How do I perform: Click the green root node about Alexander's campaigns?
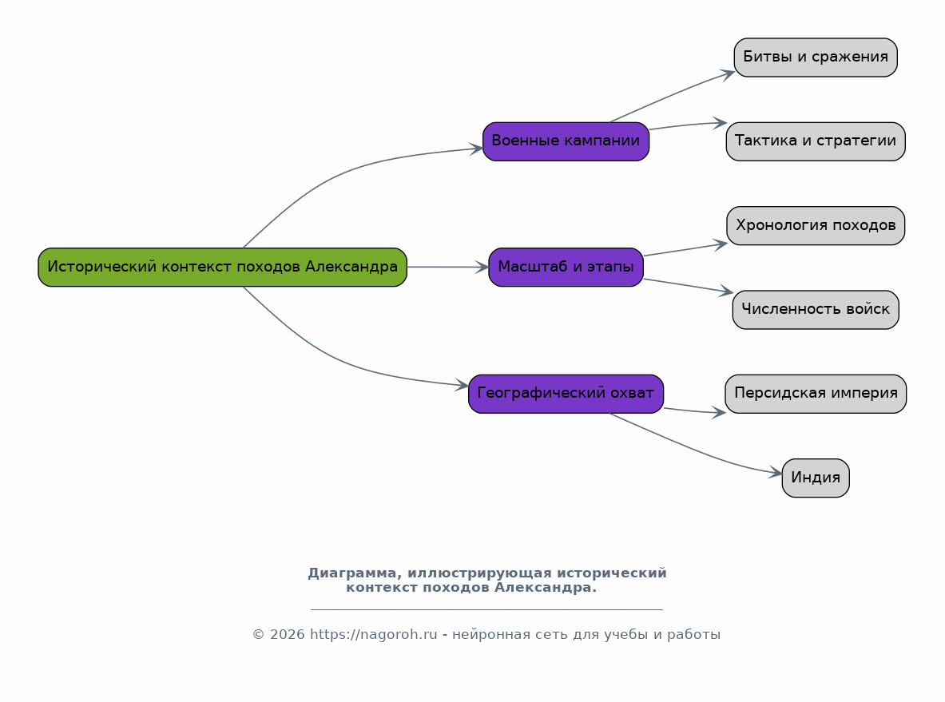tap(222, 267)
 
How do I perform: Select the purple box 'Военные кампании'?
tap(566, 141)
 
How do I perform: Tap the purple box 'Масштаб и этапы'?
tap(566, 267)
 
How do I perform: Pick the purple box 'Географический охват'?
tap(566, 394)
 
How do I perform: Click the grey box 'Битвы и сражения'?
tap(816, 58)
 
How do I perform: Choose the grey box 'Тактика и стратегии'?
tap(816, 141)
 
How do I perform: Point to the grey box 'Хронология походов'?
tap(816, 226)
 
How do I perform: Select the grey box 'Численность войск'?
tap(816, 310)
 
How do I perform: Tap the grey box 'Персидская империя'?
tap(816, 394)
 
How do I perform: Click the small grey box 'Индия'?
tap(816, 478)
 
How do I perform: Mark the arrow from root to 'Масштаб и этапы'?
tap(448, 267)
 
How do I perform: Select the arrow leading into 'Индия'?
tap(693, 449)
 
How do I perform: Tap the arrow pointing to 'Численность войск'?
tap(689, 286)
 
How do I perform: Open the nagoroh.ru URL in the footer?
tap(374, 634)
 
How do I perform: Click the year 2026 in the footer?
tap(287, 634)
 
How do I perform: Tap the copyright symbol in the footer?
tap(259, 634)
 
